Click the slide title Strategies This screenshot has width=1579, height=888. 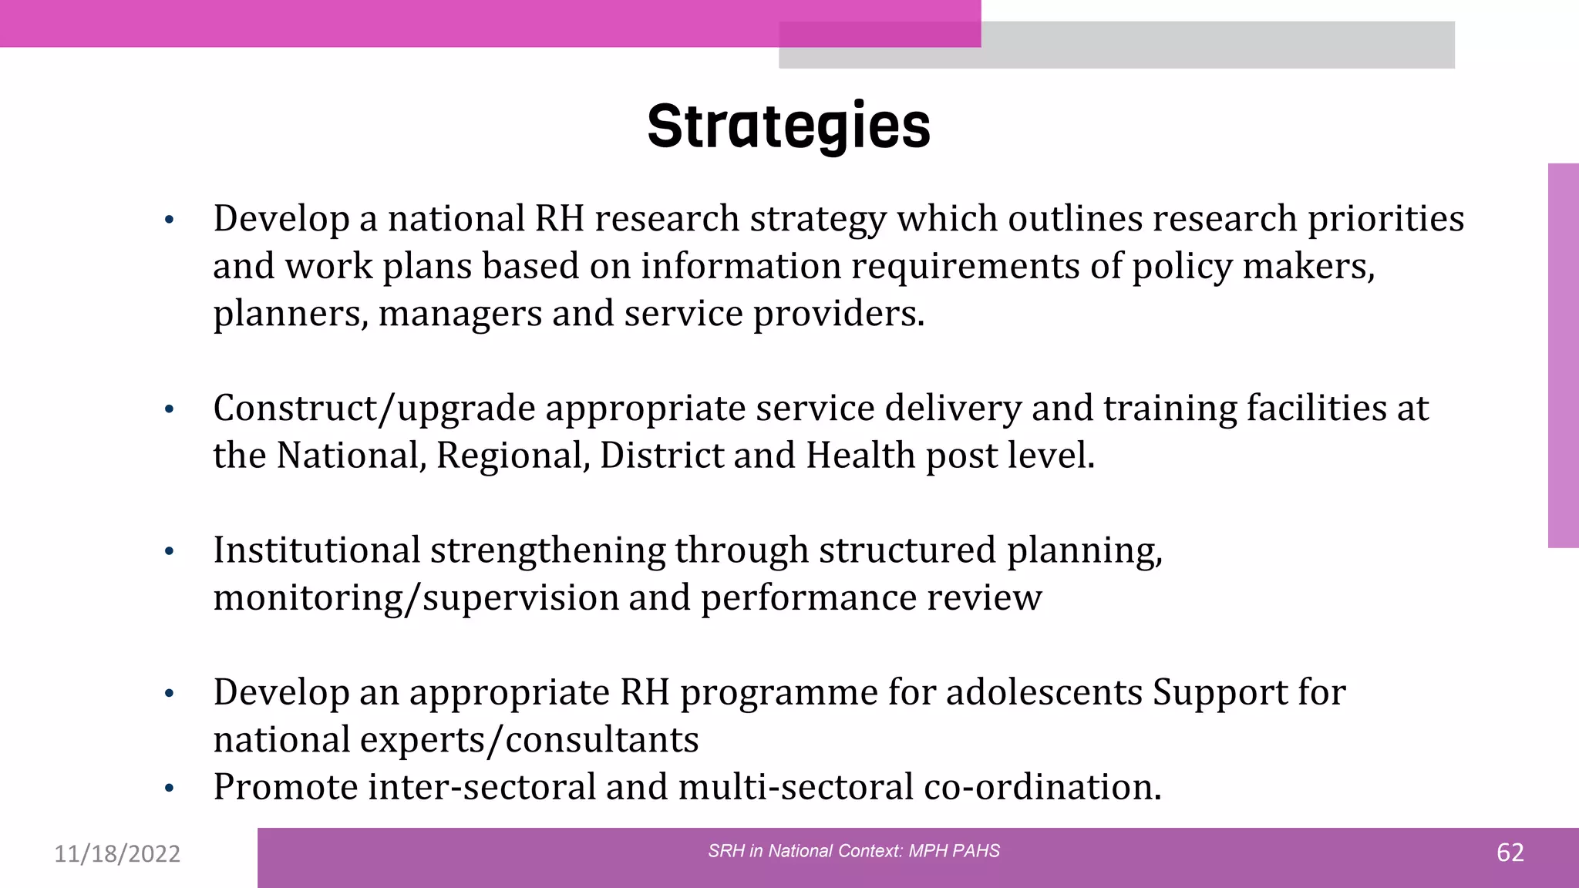789,126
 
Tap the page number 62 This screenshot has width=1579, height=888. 1510,853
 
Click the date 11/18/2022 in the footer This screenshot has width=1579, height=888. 117,854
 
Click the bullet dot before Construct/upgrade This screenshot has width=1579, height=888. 170,410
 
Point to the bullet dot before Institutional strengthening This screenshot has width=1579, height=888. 170,552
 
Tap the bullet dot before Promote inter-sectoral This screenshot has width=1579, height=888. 170,789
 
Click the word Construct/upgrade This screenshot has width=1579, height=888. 374,409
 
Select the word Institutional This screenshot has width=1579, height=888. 316,550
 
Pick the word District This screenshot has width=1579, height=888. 662,456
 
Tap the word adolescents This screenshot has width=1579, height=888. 1044,692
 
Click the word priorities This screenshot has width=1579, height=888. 1385,219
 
